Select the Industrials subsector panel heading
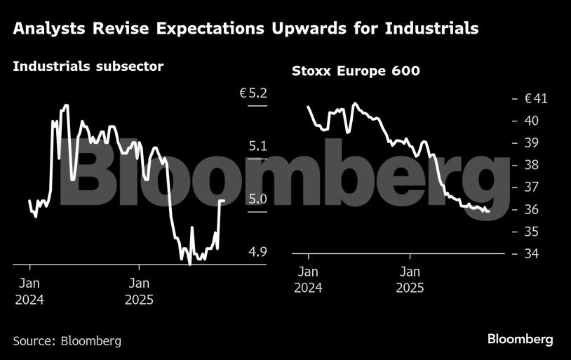[x=88, y=67]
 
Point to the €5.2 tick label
[x=254, y=93]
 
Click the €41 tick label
[x=536, y=99]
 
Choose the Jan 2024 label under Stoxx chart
[x=308, y=279]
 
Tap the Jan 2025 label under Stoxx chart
[x=410, y=279]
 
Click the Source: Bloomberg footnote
[x=67, y=341]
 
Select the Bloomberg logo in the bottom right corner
[x=520, y=340]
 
